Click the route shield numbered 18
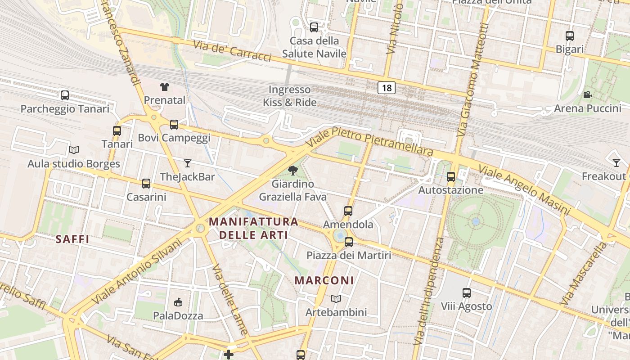pos(387,88)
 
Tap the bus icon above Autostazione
pos(451,177)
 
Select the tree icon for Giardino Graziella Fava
pos(293,170)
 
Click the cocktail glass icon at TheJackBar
pos(188,163)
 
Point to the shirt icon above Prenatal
pos(164,86)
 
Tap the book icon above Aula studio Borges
pos(74,150)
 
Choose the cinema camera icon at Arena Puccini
pos(587,94)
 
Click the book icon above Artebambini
pos(336,299)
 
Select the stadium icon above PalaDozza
pos(178,302)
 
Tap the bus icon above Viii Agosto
pos(467,293)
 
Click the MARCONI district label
pos(324,280)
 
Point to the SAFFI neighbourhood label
pos(72,239)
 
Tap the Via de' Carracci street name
pos(232,51)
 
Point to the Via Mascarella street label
pos(584,274)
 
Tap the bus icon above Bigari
pos(570,36)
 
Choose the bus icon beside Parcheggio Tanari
pos(65,95)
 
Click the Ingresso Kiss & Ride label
pos(290,96)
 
